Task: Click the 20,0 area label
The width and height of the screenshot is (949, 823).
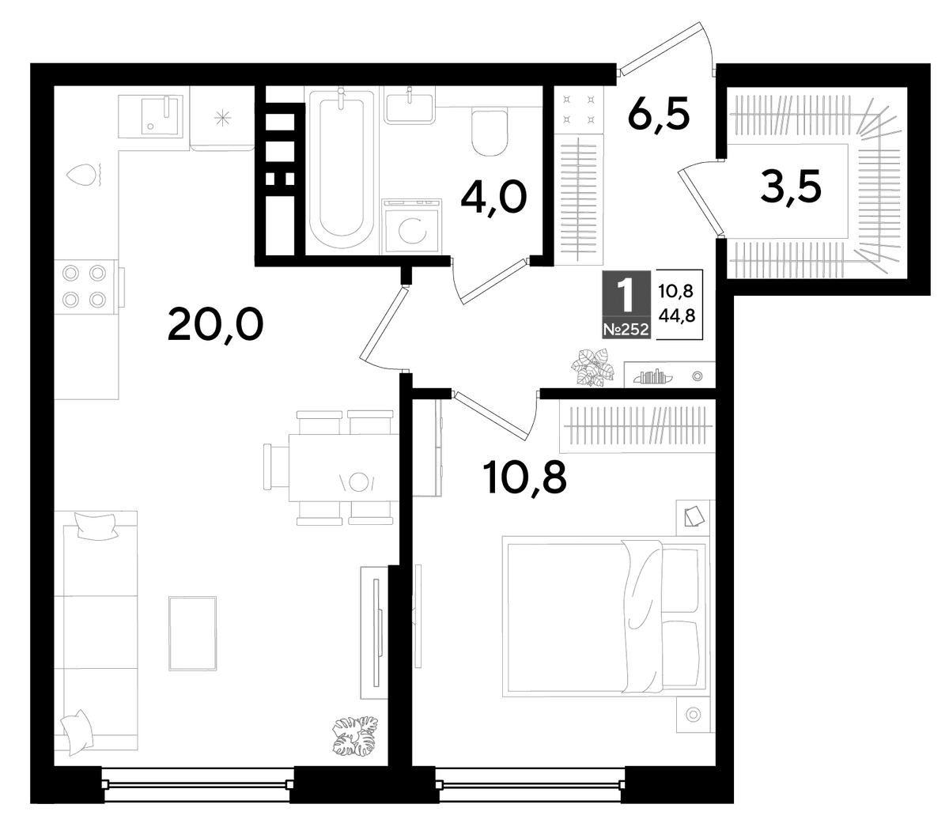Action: tap(215, 326)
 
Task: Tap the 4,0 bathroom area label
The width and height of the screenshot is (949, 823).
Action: tap(493, 198)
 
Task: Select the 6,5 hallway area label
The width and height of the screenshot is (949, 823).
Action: tap(659, 114)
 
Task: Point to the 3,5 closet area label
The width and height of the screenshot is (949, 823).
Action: tap(791, 187)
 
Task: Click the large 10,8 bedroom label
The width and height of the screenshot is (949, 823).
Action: tap(524, 478)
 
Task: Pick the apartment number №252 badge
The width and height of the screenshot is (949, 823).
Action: tap(626, 330)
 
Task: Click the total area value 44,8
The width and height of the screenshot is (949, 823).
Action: tap(677, 315)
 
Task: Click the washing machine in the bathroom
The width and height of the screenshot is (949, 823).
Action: tap(411, 226)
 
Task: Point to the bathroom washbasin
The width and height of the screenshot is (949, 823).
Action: tap(409, 108)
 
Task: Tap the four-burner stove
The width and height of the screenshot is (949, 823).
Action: tap(84, 286)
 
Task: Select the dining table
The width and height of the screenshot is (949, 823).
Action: tap(344, 467)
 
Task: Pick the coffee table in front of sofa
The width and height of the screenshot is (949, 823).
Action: tap(192, 633)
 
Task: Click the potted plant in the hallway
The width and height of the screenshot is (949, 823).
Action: tap(593, 368)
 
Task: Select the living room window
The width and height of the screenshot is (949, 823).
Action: tap(198, 783)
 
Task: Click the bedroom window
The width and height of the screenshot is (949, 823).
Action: tap(531, 783)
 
